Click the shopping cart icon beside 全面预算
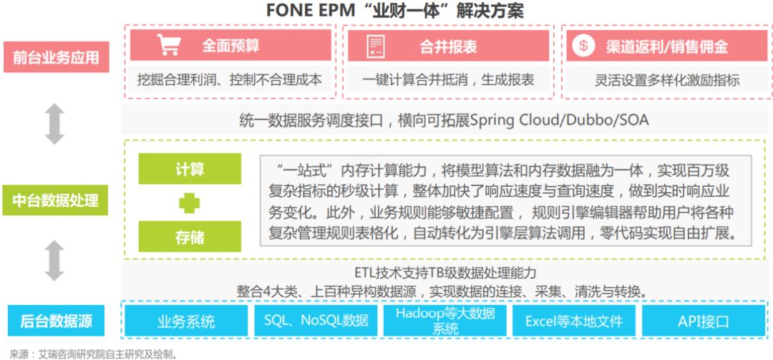click(168, 45)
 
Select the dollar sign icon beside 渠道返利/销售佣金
click(583, 46)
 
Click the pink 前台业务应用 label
click(57, 57)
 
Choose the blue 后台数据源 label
click(57, 321)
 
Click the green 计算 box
click(190, 169)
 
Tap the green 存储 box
click(190, 237)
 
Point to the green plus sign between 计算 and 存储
click(189, 203)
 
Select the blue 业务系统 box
click(186, 321)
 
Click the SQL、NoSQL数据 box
click(316, 321)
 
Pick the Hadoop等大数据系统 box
click(445, 321)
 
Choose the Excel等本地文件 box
click(574, 321)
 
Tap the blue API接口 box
click(704, 321)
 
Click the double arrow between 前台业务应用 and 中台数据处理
click(54, 124)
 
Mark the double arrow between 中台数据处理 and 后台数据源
click(54, 261)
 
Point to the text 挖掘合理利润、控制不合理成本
click(230, 79)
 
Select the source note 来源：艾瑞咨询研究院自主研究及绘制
click(93, 353)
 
